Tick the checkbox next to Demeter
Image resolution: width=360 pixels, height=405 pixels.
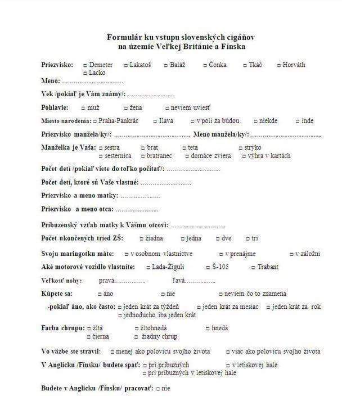click(x=85, y=65)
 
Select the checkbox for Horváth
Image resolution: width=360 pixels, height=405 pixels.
click(x=278, y=65)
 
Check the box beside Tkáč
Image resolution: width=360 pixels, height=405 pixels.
click(x=245, y=65)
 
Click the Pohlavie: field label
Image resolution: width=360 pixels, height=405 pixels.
click(x=55, y=107)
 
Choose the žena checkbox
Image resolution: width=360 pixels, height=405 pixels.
click(x=125, y=107)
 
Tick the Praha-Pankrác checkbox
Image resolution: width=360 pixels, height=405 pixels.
click(x=94, y=121)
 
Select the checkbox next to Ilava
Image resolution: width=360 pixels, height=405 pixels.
click(x=155, y=121)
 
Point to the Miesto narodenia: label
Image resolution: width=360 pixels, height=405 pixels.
click(x=65, y=121)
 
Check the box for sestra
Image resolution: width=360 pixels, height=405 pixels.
click(x=101, y=148)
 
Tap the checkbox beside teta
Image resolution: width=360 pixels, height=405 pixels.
click(x=184, y=148)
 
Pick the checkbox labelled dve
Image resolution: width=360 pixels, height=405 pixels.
click(x=217, y=238)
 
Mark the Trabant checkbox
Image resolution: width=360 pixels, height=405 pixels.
click(x=253, y=267)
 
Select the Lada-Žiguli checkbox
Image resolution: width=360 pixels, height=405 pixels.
click(x=148, y=267)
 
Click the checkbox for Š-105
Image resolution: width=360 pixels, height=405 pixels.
click(x=207, y=267)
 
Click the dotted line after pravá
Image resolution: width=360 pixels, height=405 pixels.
click(x=130, y=281)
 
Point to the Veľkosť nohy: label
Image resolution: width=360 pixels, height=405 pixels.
click(x=61, y=281)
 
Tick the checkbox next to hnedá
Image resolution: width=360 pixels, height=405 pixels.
click(x=207, y=328)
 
